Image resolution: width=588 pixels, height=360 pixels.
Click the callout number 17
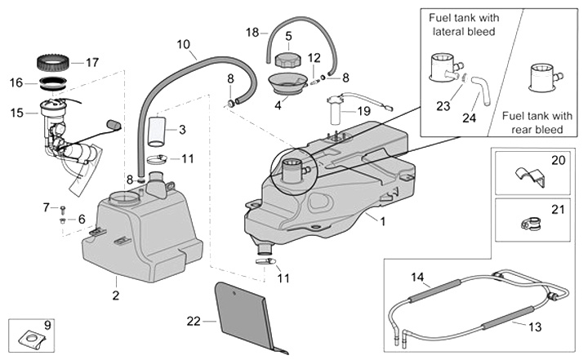coord(91,62)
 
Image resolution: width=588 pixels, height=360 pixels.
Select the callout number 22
coord(193,321)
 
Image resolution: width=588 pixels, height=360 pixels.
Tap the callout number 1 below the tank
coord(383,220)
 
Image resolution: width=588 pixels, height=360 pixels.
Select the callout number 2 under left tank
coord(115,294)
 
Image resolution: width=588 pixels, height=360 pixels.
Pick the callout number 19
coord(363,109)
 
